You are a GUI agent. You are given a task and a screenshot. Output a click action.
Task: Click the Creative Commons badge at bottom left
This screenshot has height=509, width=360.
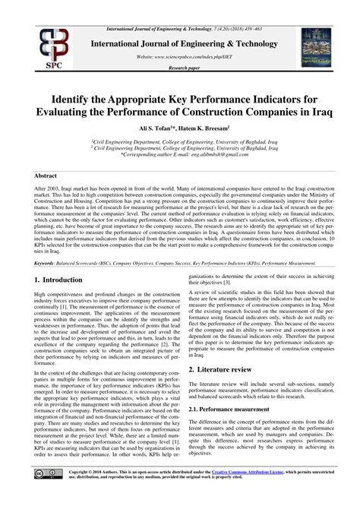(x=46, y=494)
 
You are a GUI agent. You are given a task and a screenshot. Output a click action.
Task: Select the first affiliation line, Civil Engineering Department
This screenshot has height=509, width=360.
(x=179, y=141)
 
